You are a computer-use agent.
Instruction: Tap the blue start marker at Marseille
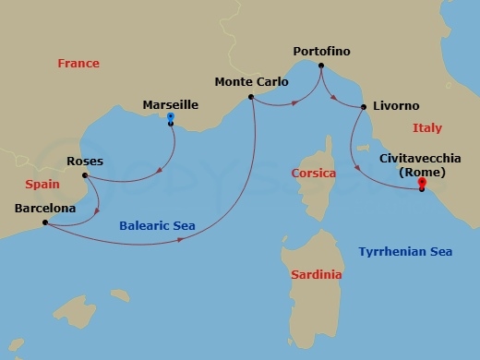pyautogui.click(x=171, y=117)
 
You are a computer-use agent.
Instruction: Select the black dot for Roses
pyautogui.click(x=84, y=175)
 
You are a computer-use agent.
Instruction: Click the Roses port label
pyautogui.click(x=85, y=162)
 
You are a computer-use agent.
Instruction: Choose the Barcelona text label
pyautogui.click(x=45, y=209)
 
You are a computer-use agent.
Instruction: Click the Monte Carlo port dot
pyautogui.click(x=250, y=96)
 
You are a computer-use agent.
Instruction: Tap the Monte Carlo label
pyautogui.click(x=251, y=81)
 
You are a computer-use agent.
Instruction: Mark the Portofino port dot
pyautogui.click(x=321, y=66)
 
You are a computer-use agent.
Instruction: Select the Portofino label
pyautogui.click(x=321, y=52)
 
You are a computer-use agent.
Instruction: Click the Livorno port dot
pyautogui.click(x=360, y=107)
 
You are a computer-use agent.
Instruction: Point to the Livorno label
pyautogui.click(x=396, y=106)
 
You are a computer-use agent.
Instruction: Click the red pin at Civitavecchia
pyautogui.click(x=422, y=181)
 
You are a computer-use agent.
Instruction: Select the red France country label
pyautogui.click(x=78, y=64)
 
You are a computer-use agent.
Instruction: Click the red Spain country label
pyautogui.click(x=42, y=184)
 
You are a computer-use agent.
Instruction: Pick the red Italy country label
pyautogui.click(x=427, y=128)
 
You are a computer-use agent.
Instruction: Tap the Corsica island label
pyautogui.click(x=313, y=173)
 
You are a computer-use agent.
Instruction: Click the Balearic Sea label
pyautogui.click(x=157, y=224)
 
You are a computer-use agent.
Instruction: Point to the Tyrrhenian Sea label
pyautogui.click(x=404, y=252)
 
